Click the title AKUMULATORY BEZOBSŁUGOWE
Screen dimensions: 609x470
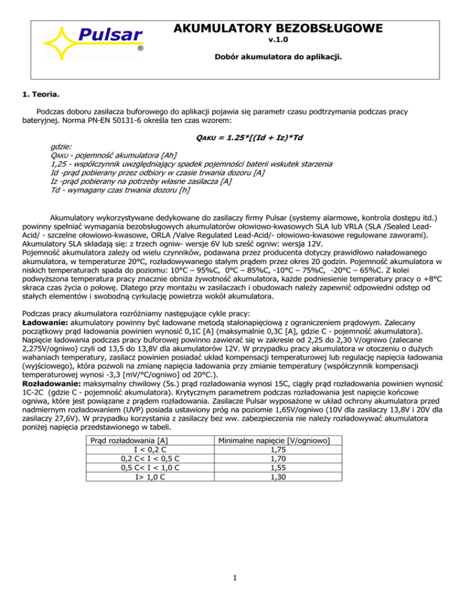pyautogui.click(x=278, y=28)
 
